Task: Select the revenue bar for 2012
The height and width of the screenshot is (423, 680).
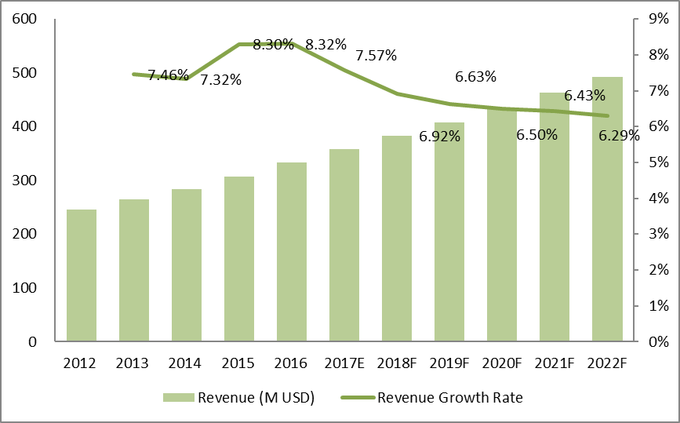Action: point(82,275)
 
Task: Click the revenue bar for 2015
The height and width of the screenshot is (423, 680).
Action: point(239,259)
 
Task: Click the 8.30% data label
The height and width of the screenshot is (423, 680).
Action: point(274,45)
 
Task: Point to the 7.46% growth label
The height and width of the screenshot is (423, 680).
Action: point(168,75)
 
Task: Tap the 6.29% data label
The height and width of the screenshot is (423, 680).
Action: point(619,136)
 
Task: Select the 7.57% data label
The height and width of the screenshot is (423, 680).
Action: point(376,56)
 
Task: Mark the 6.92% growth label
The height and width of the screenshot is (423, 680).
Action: point(439,137)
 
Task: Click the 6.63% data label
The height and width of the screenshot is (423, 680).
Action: point(475,77)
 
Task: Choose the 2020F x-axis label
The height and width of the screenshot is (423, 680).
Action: point(502,364)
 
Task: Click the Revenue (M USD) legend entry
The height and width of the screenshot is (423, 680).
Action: point(239,398)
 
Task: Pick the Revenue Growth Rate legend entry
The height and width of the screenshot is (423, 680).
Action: point(434,398)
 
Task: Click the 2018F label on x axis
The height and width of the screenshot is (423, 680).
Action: point(397,364)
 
